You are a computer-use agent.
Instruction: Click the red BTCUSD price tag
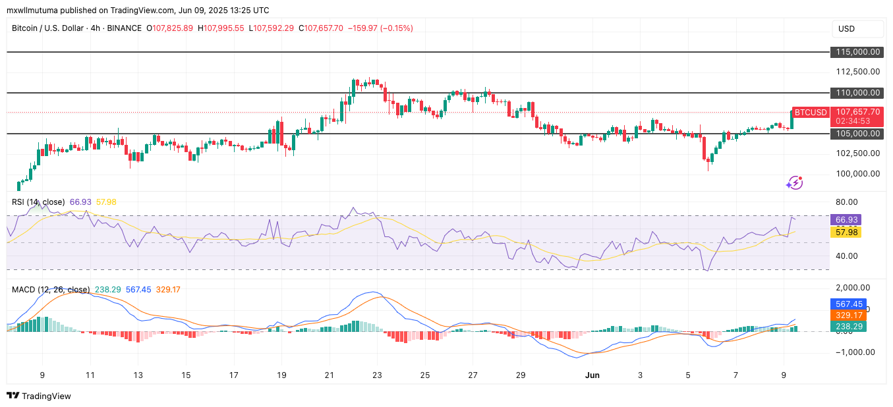pos(810,113)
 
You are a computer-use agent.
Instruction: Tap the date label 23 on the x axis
pos(377,375)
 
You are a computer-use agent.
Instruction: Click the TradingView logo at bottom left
pos(39,396)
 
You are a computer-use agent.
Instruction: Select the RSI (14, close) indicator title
pos(38,202)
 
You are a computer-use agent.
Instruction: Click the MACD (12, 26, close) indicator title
pos(51,290)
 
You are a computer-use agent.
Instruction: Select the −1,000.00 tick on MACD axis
pos(855,352)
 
